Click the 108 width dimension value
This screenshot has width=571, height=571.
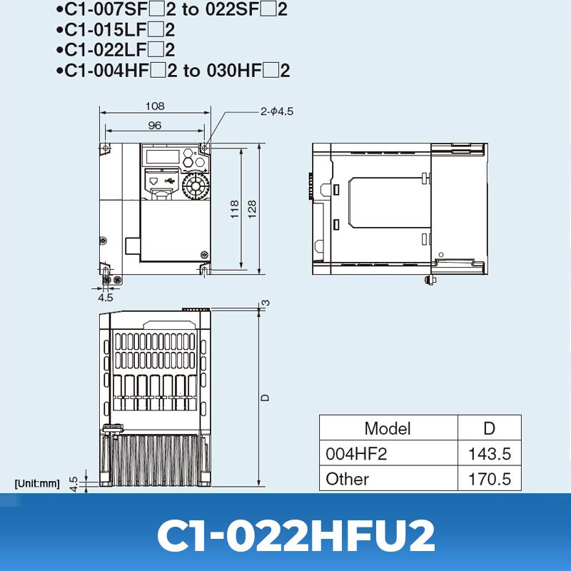tap(155, 106)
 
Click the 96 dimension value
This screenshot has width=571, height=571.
tap(155, 125)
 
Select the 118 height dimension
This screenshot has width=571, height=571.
tap(236, 208)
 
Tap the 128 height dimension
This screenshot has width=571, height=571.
tap(252, 208)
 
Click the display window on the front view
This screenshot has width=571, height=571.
tap(161, 156)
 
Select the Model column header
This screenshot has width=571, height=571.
tap(388, 428)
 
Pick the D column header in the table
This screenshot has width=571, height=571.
tap(489, 428)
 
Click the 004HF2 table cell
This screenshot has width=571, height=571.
tap(356, 454)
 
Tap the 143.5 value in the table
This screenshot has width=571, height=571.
tap(490, 454)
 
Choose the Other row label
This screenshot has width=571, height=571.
tap(348, 479)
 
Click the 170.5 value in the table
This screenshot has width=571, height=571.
tap(490, 479)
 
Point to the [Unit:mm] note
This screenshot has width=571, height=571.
tap(37, 483)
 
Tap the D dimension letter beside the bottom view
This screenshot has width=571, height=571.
tap(265, 398)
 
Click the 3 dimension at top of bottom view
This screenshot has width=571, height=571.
tap(266, 303)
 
